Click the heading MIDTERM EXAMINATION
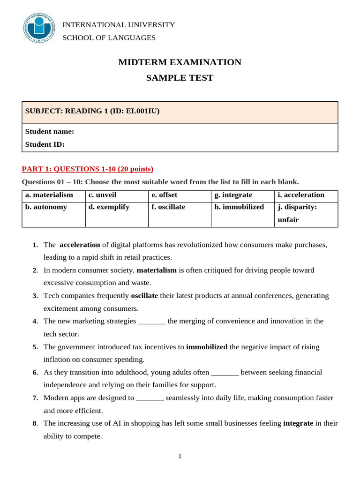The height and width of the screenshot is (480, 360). (x=180, y=62)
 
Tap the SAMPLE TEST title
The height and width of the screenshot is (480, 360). (x=180, y=78)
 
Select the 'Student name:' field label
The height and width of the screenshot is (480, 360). (x=50, y=132)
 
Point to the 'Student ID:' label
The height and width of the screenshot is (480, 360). (x=45, y=144)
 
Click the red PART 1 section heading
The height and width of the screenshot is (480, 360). (x=88, y=169)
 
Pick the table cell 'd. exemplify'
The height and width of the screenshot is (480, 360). (x=108, y=207)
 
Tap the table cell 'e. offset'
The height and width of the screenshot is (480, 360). (x=165, y=195)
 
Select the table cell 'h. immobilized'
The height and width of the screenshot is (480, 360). (x=239, y=207)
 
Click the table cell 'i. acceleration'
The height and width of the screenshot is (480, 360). (x=301, y=195)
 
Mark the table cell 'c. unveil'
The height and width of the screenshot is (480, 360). (x=103, y=195)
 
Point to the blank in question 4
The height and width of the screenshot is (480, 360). (x=152, y=322)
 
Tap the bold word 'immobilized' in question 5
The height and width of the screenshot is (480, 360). (x=207, y=347)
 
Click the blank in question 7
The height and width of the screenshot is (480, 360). (x=150, y=398)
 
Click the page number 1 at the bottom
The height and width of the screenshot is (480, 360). (x=180, y=456)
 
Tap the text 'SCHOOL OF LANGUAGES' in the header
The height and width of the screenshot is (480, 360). (x=109, y=38)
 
